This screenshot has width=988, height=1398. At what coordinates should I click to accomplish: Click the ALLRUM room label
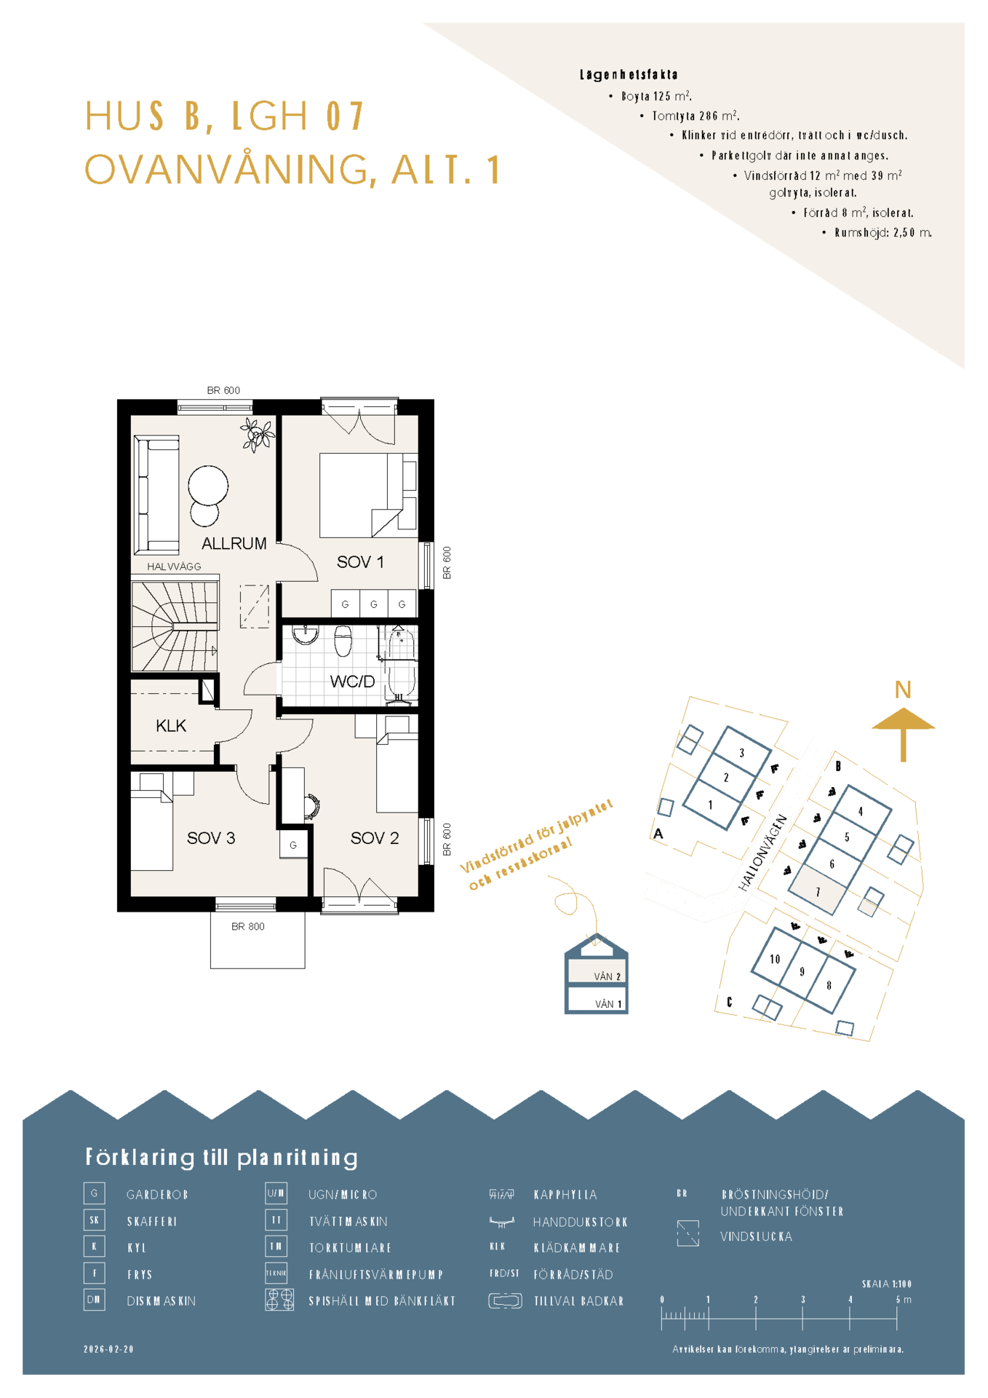click(x=234, y=543)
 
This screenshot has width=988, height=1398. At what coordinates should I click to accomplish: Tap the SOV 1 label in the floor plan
click(x=359, y=562)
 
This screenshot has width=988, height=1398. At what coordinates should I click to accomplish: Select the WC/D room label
click(x=352, y=682)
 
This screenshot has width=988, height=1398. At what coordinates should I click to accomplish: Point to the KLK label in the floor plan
click(x=171, y=726)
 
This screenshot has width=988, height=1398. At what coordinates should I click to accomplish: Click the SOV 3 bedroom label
click(x=211, y=838)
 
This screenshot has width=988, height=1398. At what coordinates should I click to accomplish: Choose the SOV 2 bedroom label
click(x=375, y=838)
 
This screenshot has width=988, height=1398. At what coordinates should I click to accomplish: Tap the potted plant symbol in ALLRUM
click(x=258, y=435)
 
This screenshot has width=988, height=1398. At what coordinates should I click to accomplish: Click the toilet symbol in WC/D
click(x=343, y=641)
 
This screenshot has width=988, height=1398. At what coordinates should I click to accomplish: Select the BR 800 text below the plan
click(x=248, y=927)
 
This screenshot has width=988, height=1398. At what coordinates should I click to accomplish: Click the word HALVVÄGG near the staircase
click(x=174, y=566)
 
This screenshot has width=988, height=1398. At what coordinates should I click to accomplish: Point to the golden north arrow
click(x=903, y=735)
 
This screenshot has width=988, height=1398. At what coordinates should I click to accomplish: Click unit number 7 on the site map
click(x=818, y=892)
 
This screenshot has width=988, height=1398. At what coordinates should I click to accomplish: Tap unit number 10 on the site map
click(x=775, y=960)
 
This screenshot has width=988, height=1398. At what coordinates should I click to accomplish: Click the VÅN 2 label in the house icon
click(x=607, y=977)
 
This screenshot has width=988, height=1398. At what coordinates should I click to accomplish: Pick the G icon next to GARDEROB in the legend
click(x=95, y=1193)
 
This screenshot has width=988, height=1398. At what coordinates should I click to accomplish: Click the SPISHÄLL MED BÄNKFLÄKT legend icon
click(x=280, y=1300)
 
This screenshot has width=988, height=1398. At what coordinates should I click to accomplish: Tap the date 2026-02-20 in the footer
click(x=109, y=1349)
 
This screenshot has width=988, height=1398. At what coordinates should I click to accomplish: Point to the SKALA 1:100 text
click(x=886, y=1284)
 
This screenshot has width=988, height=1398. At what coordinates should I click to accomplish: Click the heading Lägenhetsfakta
click(x=629, y=74)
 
